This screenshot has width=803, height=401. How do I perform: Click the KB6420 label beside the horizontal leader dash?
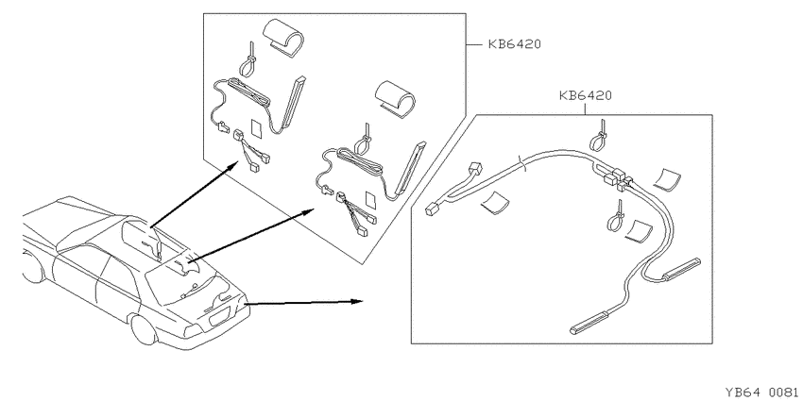pos(514,44)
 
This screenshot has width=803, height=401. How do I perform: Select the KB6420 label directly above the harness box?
pos(586,95)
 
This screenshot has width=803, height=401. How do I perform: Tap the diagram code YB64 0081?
pos(761,392)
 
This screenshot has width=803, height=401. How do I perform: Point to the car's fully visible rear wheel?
pos(144,330)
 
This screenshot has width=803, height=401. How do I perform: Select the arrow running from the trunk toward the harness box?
pos(305,302)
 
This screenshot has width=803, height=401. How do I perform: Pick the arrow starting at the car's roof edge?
pos(194,193)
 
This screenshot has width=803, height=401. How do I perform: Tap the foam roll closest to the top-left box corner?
pos(282,37)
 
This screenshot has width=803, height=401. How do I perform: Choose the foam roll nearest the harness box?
pos(395,95)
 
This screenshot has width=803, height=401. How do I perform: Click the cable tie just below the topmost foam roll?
pos(251,60)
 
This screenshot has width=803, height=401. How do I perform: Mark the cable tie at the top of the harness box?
pos(599,136)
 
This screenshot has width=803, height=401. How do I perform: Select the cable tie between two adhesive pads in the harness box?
pos(617,217)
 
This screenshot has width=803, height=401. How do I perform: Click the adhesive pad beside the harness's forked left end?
pos(495,203)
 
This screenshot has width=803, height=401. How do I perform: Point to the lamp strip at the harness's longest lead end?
pos(589,323)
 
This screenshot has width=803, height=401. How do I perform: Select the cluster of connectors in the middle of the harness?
pos(617,178)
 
